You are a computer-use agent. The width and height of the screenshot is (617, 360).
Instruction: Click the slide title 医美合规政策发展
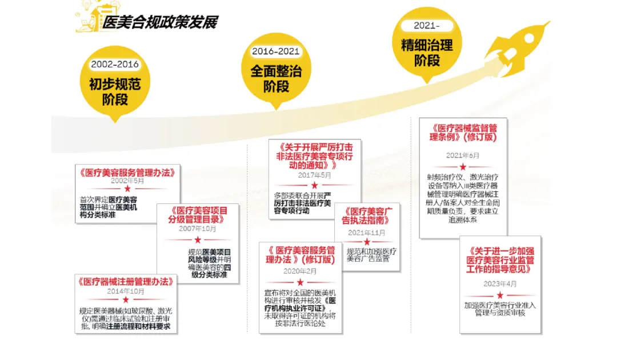159,22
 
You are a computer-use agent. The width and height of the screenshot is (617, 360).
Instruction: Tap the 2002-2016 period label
115,65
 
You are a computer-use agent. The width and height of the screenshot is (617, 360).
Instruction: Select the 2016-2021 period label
276,51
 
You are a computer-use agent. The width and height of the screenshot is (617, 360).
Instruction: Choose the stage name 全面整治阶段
276,79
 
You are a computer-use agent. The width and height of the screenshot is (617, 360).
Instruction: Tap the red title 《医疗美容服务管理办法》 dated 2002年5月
127,173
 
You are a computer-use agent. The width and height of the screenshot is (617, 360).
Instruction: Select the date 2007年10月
198,229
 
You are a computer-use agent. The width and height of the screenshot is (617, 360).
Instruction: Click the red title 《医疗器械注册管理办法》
125,282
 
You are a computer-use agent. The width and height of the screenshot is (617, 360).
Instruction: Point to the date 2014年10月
125,291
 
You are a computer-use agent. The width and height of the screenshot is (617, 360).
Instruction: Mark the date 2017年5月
314,175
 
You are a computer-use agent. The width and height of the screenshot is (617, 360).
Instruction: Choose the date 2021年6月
463,155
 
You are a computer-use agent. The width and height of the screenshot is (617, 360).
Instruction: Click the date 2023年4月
500,284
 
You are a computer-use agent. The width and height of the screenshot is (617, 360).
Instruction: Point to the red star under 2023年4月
500,295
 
